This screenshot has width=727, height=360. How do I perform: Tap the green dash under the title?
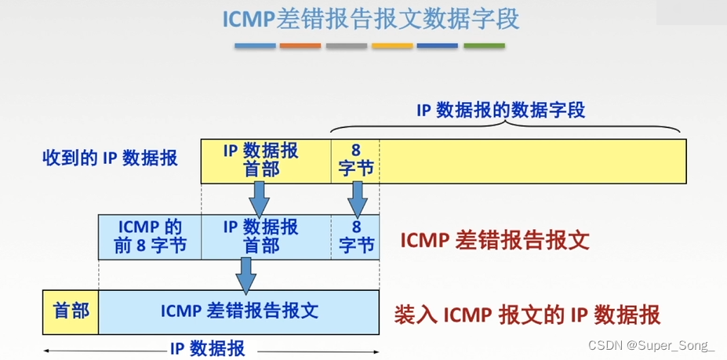click(484, 46)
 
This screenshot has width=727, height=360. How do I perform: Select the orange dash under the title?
click(300, 46)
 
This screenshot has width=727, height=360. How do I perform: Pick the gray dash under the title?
click(346, 46)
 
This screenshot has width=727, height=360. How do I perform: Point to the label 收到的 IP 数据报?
click(110, 158)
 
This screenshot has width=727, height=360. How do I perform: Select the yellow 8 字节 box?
click(355, 160)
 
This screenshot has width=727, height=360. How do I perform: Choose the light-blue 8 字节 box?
click(355, 237)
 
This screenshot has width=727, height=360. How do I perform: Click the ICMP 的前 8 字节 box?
click(150, 237)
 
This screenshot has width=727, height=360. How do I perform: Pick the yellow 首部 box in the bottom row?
click(71, 311)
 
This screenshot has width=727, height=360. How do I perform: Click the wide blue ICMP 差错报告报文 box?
click(238, 311)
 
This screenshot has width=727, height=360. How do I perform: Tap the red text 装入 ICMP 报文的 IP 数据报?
click(526, 315)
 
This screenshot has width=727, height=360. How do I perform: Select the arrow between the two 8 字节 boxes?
click(358, 199)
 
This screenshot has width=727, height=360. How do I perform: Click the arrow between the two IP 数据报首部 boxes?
click(259, 199)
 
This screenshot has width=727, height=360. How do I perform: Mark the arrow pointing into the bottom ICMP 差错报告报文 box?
click(246, 275)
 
